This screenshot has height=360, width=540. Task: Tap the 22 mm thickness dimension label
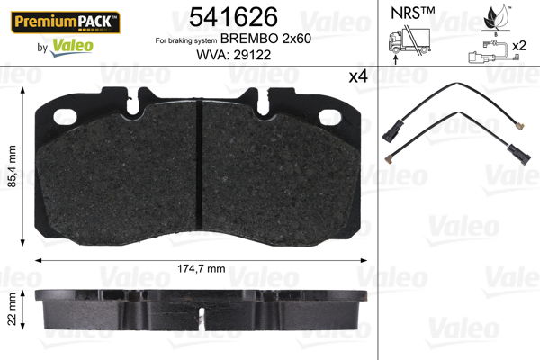click(11, 309)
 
